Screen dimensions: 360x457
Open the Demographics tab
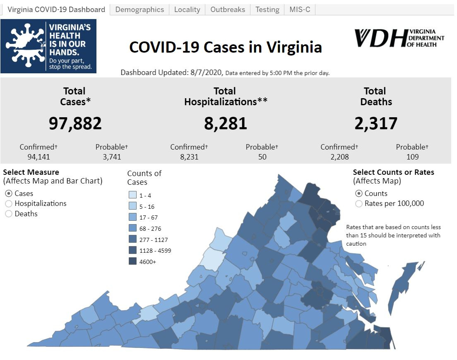(140, 10)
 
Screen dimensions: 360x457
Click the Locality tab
(187, 10)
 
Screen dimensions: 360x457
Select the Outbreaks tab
(228, 10)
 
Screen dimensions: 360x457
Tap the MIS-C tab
(300, 10)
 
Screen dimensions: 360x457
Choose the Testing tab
(267, 10)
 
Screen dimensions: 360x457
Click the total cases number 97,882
(75, 123)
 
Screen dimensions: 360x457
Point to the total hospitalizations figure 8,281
(225, 123)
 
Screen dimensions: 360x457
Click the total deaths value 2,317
(375, 123)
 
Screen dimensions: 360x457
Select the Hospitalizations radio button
(9, 204)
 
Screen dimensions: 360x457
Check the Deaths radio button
(9, 214)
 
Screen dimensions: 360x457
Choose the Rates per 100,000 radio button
(359, 204)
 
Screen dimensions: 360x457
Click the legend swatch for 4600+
(132, 261)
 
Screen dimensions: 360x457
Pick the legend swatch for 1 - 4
(132, 195)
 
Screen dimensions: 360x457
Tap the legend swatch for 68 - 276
(132, 228)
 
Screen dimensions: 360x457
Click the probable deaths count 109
(412, 157)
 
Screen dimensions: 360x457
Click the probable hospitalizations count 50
(262, 157)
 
